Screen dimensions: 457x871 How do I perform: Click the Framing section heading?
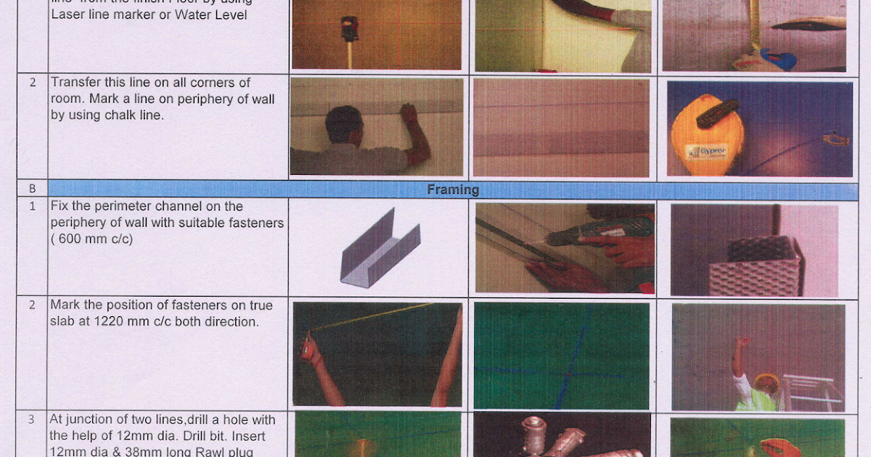[452, 190]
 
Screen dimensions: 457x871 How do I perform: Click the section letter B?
[32, 189]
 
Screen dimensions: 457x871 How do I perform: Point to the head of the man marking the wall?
[343, 124]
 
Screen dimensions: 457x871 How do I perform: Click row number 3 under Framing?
[32, 419]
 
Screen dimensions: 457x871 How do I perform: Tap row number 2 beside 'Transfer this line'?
[32, 82]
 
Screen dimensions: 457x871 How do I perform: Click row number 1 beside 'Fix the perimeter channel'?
[32, 206]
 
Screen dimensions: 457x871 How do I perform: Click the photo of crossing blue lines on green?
[561, 355]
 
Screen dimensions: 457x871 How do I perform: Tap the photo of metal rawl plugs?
[561, 435]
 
